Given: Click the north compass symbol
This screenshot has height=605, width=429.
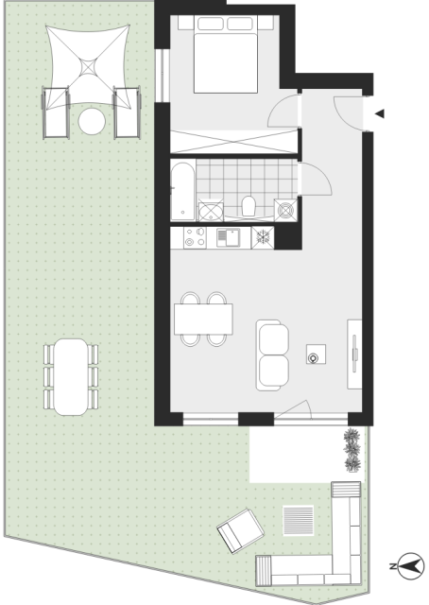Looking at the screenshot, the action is point(410,566).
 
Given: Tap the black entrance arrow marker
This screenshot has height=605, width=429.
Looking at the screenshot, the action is point(380,113).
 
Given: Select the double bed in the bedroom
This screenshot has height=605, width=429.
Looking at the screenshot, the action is point(226,55).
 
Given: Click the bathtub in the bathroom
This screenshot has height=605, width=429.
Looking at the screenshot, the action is point(183,191).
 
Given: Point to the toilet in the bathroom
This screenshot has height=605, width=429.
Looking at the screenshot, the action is point(249,206).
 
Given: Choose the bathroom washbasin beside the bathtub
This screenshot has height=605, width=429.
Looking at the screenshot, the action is point(211,212).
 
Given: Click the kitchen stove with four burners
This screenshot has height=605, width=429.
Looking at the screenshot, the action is point(195,237).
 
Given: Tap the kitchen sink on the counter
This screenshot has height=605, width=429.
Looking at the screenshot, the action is point(228,237).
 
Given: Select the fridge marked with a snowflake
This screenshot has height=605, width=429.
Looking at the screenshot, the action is point(263,237).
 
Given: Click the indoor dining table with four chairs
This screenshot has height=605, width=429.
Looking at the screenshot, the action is point(203,320).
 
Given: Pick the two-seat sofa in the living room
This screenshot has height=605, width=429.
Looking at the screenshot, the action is point(272,355).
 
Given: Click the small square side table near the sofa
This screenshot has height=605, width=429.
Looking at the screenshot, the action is point(316,354).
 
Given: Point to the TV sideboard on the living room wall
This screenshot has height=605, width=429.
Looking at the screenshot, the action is point(354,354).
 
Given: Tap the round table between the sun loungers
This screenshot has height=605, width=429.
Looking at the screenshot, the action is point(92,122).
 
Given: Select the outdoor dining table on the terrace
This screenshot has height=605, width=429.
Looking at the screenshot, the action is point(71,377).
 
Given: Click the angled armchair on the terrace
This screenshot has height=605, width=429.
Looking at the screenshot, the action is point(241,531).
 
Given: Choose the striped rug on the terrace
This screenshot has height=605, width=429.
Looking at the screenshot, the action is point(299,521).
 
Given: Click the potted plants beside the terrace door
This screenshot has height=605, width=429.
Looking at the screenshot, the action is point(352,450).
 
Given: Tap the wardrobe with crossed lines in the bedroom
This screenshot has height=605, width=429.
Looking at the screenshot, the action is point(234,142).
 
